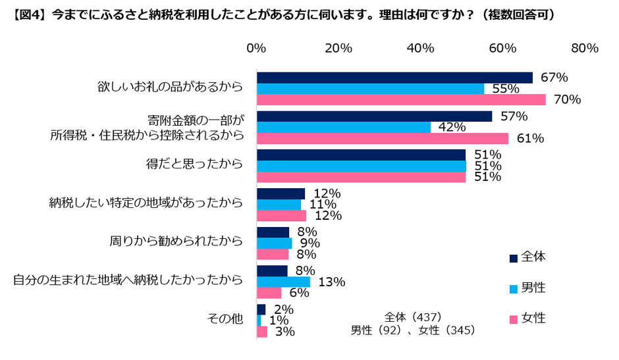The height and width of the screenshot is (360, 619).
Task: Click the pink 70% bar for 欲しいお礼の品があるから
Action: tap(400, 100)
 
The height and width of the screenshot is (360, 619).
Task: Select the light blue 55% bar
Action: tap(370, 89)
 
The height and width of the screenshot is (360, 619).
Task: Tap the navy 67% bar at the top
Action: tap(394, 78)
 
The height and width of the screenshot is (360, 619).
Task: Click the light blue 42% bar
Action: tap(343, 128)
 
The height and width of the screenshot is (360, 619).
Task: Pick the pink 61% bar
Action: tap(382, 139)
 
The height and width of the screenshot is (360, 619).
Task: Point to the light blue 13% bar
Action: tap(283, 282)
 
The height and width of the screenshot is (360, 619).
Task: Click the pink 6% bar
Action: tap(269, 293)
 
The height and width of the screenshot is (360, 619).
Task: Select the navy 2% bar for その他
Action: tap(261, 309)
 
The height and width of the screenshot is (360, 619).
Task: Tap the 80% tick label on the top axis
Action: tap(584, 48)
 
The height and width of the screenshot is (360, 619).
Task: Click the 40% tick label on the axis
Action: tap(420, 48)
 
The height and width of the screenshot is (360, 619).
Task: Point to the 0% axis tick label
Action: tap(256, 48)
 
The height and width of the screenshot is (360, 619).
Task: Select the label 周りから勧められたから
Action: tap(176, 242)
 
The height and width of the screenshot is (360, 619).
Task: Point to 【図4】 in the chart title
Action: tap(27, 14)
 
